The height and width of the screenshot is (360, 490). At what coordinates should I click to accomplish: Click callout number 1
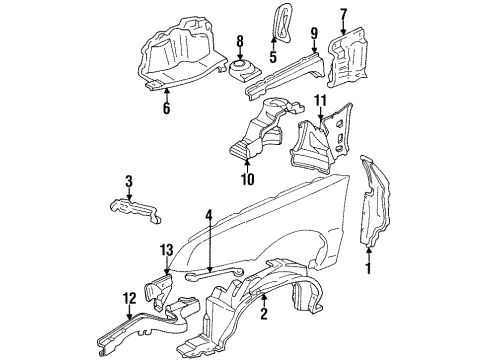(x=367, y=268)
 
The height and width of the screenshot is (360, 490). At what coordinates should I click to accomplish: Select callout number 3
(x=128, y=181)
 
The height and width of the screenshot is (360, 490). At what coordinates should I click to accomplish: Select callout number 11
(x=322, y=102)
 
